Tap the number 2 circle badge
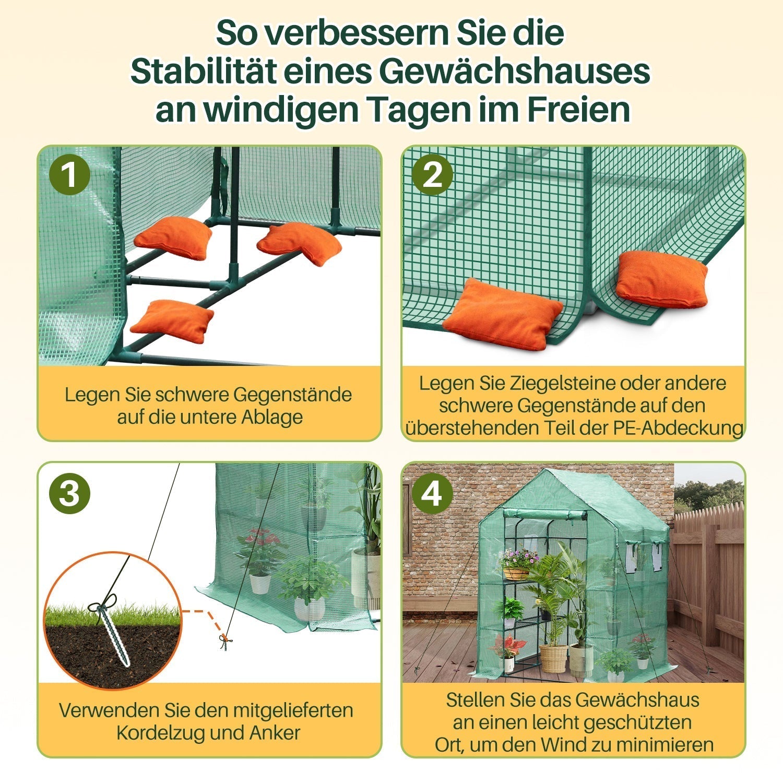tap(432, 175)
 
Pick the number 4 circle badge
tap(432, 493)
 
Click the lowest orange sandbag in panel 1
tap(172, 321)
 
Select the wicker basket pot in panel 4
tap(553, 658)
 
